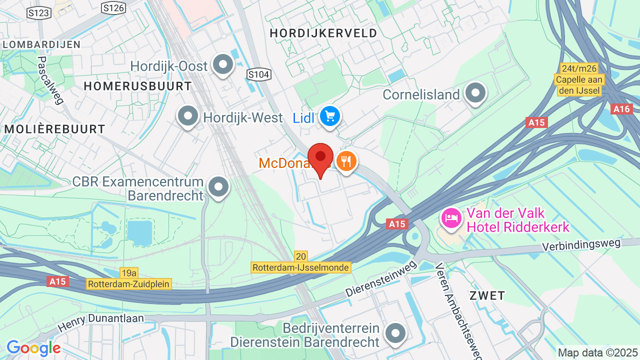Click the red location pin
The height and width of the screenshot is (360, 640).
pyautogui.click(x=320, y=157)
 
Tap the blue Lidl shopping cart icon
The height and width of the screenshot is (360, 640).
pyautogui.click(x=330, y=117)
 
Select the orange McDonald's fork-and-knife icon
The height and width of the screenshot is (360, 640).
pyautogui.click(x=346, y=161)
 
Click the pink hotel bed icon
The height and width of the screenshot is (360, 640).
pyautogui.click(x=451, y=218)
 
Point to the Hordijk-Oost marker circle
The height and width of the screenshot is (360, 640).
pyautogui.click(x=222, y=64)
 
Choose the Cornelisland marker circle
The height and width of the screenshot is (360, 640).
pyautogui.click(x=475, y=93)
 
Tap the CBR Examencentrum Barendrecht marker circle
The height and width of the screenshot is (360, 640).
pyautogui.click(x=218, y=187)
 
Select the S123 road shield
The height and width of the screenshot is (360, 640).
pyautogui.click(x=39, y=13)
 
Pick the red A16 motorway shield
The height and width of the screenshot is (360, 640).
pyautogui.click(x=621, y=109)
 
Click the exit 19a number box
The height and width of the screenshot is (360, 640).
pyautogui.click(x=129, y=273)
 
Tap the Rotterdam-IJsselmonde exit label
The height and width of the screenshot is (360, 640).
pyautogui.click(x=300, y=267)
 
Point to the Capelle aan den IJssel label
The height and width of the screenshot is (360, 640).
pyautogui.click(x=580, y=84)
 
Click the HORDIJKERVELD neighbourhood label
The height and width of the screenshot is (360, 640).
pyautogui.click(x=323, y=33)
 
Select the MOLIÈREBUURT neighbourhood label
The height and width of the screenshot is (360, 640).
pyautogui.click(x=55, y=129)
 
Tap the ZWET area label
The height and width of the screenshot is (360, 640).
pyautogui.click(x=487, y=295)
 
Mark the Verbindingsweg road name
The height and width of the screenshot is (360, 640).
pyautogui.click(x=582, y=245)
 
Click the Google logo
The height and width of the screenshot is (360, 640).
pyautogui.click(x=33, y=348)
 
